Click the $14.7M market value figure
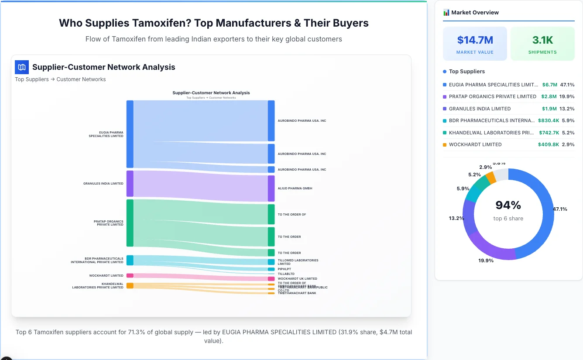coord(475,40)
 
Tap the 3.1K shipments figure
coord(542,40)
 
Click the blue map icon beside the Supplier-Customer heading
coord(22,67)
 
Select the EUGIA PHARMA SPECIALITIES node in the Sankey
coord(130,134)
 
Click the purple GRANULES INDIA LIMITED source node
coord(130,184)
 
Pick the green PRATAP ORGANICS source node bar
coord(130,223)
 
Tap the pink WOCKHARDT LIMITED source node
coord(130,276)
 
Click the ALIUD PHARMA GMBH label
coord(295,189)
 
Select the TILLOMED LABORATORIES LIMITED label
coord(298,262)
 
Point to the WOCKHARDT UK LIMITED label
coord(297,279)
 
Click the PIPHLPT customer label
coord(285,269)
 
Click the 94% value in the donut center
coord(508,205)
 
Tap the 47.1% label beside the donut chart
coord(560,209)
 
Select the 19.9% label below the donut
coord(486,261)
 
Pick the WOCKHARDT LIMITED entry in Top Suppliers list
coord(475,144)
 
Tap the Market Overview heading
coord(475,13)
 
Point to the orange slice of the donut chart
coord(491,177)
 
